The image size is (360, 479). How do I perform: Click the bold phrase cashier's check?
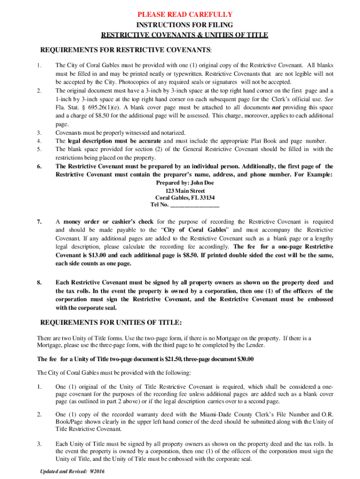coord(132,221)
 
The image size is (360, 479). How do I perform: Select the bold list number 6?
coord(41,166)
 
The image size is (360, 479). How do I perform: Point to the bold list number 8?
coord(41,283)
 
